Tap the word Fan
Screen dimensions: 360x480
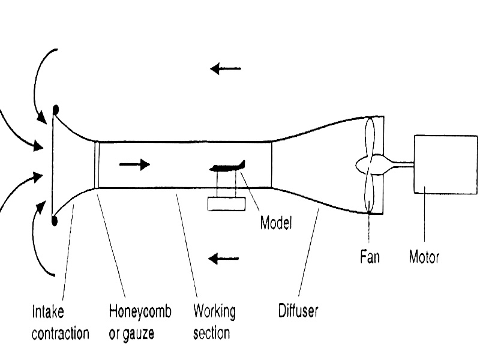tap(370, 257)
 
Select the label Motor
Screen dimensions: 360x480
tap(424, 257)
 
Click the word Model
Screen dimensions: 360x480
tap(275, 224)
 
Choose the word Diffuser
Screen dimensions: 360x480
tap(298, 311)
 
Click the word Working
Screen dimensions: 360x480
tap(214, 312)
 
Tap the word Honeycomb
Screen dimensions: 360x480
tap(140, 312)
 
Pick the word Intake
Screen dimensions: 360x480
tap(47, 312)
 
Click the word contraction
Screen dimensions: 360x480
tap(60, 333)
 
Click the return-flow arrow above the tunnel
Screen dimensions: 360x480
tap(225, 69)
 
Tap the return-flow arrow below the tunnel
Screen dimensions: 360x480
tap(223, 259)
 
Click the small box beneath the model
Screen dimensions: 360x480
tap(227, 203)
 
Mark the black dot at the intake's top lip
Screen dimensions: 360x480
tap(56, 110)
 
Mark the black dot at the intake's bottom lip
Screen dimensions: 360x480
tap(55, 221)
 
